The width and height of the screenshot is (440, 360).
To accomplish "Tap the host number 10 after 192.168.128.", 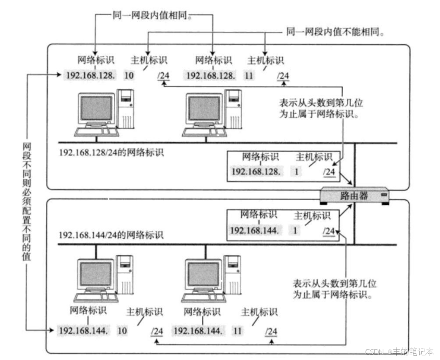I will (129, 76).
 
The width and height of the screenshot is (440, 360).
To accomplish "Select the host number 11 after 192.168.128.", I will (249, 76).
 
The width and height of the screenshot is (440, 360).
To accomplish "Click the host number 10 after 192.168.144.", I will (122, 330).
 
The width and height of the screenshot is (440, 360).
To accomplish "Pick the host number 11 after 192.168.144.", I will (237, 330).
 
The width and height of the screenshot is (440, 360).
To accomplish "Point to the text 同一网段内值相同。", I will (149, 16).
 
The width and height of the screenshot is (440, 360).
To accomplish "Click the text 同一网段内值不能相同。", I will (335, 32).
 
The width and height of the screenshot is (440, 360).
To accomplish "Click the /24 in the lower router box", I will (328, 231).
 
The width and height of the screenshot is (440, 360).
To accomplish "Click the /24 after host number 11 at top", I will (283, 76).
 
